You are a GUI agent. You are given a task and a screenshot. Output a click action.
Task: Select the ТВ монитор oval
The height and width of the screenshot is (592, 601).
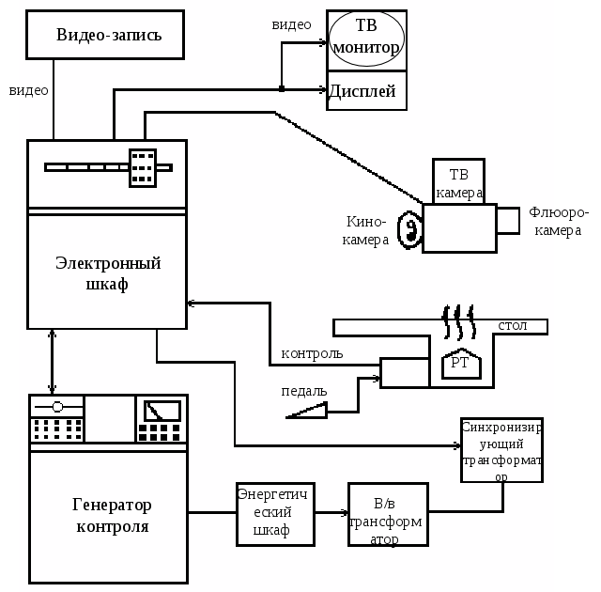[x=366, y=39]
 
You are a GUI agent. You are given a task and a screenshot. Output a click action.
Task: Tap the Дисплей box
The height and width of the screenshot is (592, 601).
[x=366, y=91]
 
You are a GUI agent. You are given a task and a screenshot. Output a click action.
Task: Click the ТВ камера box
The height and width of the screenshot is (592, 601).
[x=458, y=180]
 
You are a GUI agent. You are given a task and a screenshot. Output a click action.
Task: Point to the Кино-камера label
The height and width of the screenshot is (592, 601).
[x=366, y=231]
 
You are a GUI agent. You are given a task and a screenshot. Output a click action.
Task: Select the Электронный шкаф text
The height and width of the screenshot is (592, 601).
[x=108, y=273]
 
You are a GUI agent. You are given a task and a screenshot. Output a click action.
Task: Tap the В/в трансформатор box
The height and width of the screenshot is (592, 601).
[x=387, y=514]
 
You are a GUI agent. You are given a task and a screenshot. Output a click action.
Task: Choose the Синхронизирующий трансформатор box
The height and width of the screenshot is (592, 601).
[x=501, y=450]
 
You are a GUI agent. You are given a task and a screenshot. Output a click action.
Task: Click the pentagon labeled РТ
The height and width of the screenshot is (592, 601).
[x=460, y=363]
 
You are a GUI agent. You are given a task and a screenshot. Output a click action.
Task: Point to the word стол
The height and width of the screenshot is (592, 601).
[x=512, y=326]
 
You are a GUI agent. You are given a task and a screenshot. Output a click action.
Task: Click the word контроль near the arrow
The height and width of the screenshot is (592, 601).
[x=312, y=354]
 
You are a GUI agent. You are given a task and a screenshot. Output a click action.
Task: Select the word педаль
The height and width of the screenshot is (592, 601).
[x=304, y=391]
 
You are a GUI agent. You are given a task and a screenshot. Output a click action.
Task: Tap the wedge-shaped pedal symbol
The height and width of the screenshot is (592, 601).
[x=310, y=410]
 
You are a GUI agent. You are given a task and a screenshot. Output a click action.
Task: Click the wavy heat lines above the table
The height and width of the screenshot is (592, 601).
[x=458, y=321]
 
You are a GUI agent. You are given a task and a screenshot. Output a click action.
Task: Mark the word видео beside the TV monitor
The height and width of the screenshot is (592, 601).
[x=291, y=24]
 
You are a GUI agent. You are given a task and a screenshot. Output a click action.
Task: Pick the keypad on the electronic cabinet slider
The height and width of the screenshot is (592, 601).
[x=143, y=168]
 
